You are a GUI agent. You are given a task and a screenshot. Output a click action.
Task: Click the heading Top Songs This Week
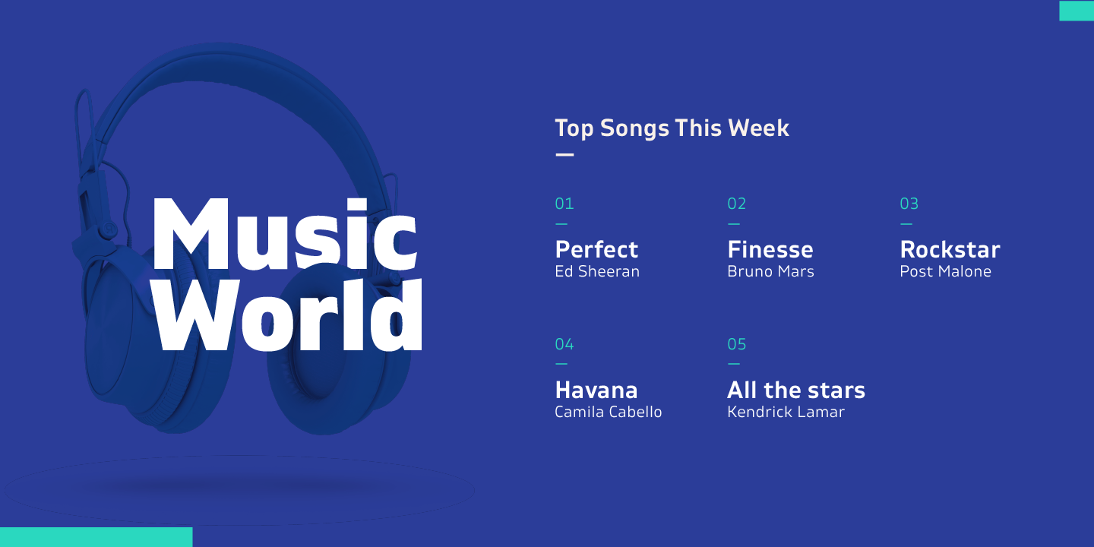click(672, 128)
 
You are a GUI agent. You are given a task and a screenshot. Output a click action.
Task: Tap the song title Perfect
click(596, 250)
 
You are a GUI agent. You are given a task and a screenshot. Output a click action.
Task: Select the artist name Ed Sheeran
click(597, 271)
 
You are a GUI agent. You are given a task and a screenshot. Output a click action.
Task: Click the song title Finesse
click(770, 249)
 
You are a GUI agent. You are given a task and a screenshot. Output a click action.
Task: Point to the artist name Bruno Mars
click(770, 271)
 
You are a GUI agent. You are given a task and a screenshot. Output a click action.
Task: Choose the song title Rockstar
click(950, 249)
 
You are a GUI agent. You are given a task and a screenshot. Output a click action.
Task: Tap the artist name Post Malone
click(946, 271)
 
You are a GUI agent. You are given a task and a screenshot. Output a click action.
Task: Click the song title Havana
click(596, 390)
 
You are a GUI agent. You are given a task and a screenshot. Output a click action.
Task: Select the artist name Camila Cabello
click(608, 412)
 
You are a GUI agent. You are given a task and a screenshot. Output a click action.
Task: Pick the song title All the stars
click(796, 390)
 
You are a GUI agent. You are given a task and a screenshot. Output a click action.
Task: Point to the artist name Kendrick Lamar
click(786, 412)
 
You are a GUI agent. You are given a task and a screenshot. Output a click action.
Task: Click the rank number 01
click(564, 204)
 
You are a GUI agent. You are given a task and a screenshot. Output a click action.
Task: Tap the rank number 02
click(736, 204)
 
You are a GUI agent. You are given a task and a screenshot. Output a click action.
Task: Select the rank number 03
click(909, 204)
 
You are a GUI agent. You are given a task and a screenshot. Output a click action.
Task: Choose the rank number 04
click(564, 344)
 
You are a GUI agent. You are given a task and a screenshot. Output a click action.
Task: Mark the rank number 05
click(736, 344)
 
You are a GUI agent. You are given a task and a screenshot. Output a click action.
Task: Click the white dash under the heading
click(564, 155)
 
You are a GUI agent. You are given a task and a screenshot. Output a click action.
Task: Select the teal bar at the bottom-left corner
click(96, 536)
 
